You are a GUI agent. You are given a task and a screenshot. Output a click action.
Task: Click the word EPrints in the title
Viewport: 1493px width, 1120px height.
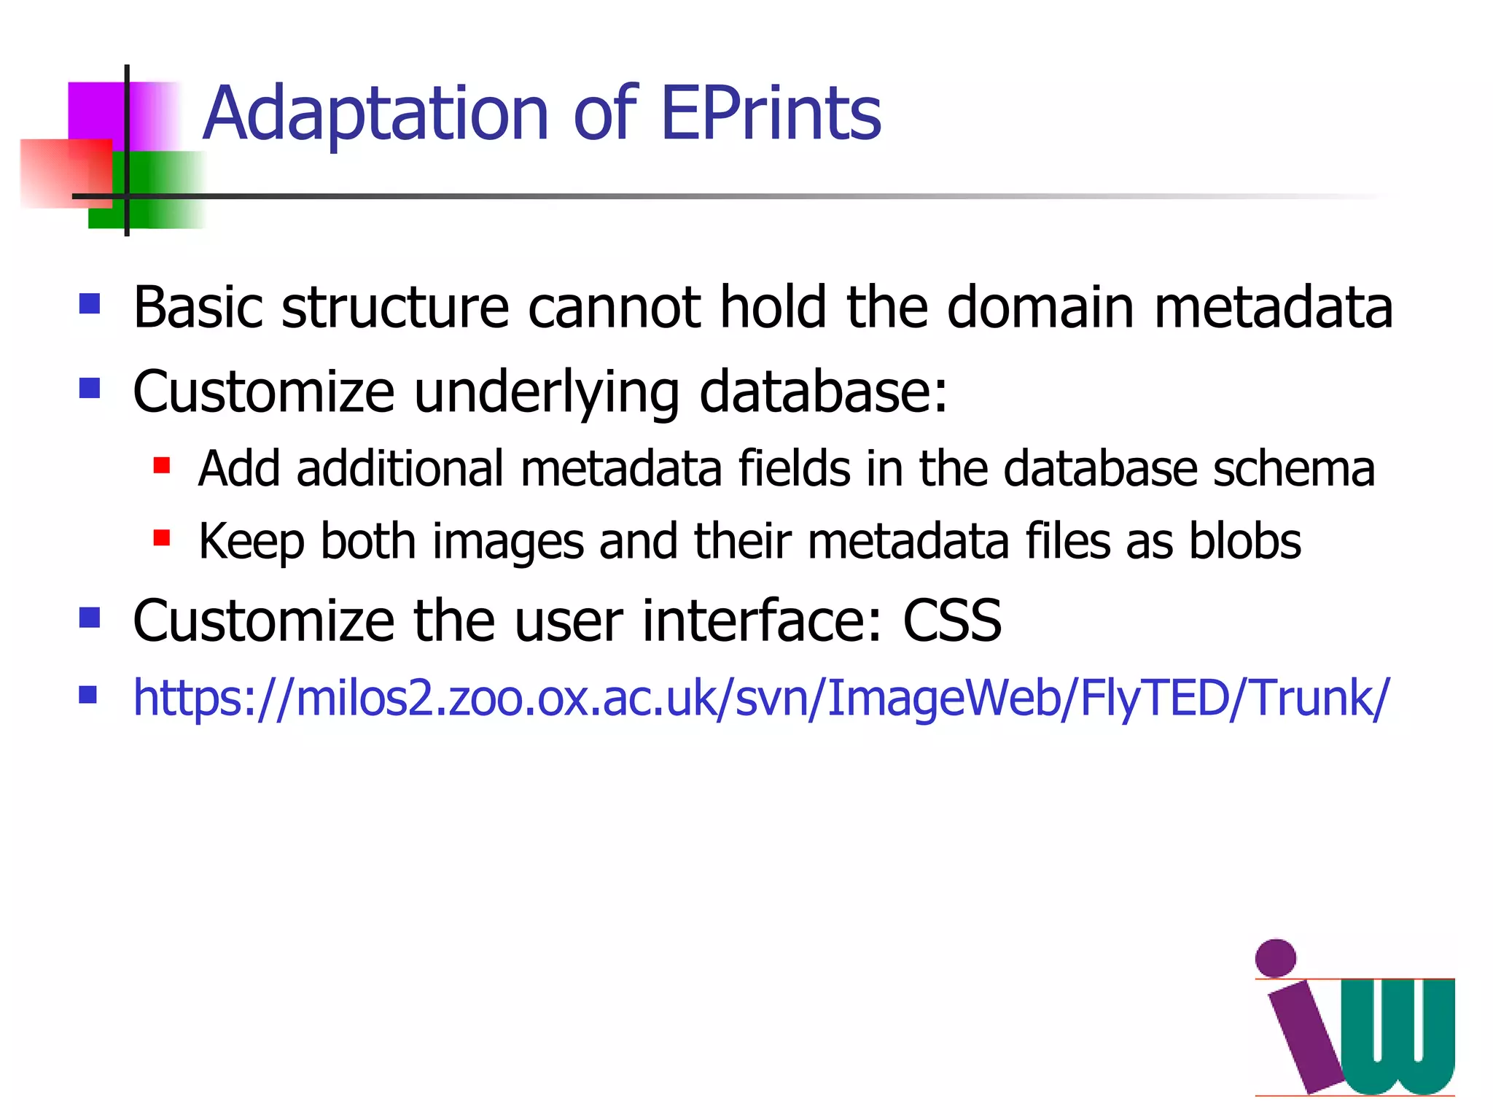[771, 114]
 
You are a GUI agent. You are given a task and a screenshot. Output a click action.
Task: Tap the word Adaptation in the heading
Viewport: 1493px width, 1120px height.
[375, 114]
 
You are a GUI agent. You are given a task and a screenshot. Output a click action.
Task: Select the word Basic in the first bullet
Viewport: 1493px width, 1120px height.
[198, 307]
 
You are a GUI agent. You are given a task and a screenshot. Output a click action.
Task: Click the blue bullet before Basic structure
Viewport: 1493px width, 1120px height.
[90, 303]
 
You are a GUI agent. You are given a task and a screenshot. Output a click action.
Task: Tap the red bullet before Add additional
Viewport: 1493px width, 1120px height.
[162, 465]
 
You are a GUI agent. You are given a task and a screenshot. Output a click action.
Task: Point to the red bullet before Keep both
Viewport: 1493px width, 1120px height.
[162, 538]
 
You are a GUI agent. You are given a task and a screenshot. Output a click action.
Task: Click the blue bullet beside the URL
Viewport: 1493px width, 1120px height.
[89, 694]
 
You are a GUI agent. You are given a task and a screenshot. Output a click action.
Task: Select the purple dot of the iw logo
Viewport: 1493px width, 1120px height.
[1276, 958]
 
